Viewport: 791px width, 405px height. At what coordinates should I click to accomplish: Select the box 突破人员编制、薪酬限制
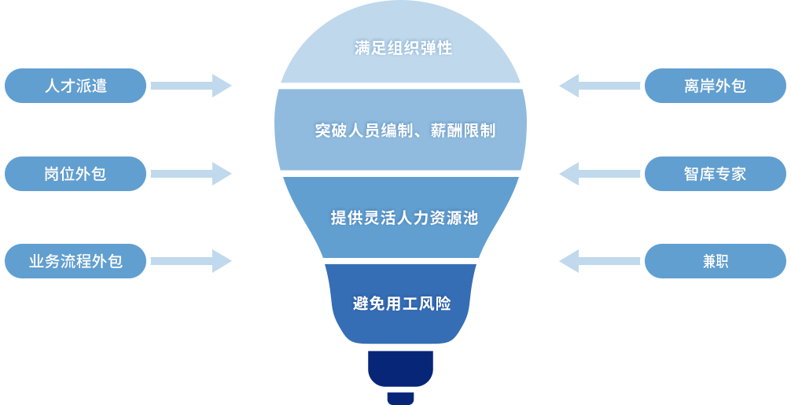[400, 130]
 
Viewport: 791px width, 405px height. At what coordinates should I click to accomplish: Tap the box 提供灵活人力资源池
[400, 217]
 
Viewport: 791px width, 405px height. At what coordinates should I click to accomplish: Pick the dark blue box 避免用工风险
[400, 304]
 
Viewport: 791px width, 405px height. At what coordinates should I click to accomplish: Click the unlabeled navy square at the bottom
[400, 377]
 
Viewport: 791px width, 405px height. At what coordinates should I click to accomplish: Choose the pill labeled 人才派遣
[75, 86]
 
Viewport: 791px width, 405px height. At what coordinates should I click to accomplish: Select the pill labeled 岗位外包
[75, 174]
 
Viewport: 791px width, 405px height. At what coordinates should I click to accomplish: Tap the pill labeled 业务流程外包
[75, 261]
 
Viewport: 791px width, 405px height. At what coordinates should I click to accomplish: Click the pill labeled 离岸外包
[715, 86]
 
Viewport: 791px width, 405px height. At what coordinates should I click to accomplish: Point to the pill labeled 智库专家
[715, 174]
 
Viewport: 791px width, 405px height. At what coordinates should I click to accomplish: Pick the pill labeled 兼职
[715, 261]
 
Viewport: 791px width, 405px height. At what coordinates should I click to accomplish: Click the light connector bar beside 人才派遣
[191, 86]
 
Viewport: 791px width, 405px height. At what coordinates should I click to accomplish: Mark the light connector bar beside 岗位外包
[191, 174]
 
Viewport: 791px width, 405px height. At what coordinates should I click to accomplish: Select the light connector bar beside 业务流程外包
[191, 261]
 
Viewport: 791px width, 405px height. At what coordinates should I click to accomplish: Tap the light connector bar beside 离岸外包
[600, 86]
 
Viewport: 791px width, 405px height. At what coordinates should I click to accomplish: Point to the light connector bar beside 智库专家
[600, 174]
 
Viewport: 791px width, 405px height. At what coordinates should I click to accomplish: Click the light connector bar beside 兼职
[600, 261]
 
